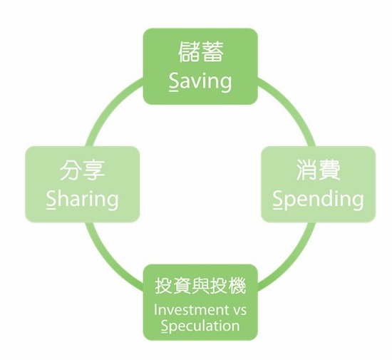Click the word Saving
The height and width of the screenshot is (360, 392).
[200, 81]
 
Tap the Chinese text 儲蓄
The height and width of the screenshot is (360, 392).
[200, 51]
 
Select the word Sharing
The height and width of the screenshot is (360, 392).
[82, 199]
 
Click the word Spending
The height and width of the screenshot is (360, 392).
[319, 199]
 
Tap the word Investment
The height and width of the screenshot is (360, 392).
[191, 309]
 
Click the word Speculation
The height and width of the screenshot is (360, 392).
[200, 326]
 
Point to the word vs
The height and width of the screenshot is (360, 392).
[239, 311]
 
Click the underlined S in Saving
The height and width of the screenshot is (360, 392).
[174, 81]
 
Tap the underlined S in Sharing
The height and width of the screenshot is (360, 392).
[51, 199]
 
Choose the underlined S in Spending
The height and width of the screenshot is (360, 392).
[277, 199]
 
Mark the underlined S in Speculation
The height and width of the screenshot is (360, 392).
[165, 326]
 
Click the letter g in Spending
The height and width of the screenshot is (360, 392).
[358, 202]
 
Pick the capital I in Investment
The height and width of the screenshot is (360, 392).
[155, 309]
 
